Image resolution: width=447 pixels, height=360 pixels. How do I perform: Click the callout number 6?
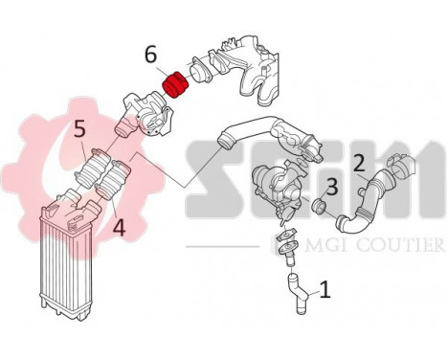pos(150,56)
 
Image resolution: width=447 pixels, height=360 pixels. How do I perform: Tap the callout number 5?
pos(79,127)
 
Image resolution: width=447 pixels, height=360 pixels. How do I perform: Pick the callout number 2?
pos(359,162)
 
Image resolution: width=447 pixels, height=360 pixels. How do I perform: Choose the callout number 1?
pos(324,285)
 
